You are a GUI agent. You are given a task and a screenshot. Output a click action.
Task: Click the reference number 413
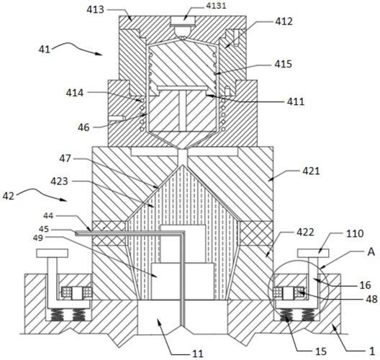(x=95, y=9)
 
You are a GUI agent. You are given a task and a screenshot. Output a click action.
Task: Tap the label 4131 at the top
(x=216, y=6)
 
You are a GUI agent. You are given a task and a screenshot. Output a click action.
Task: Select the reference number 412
(x=284, y=22)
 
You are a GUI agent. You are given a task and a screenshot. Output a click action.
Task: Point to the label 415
(x=283, y=64)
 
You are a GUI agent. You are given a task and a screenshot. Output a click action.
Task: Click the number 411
(x=296, y=102)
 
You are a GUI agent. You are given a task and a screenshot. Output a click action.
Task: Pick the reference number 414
(x=75, y=93)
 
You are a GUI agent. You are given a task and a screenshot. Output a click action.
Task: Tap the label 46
(x=83, y=127)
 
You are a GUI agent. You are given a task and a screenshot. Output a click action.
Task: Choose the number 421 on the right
(x=311, y=171)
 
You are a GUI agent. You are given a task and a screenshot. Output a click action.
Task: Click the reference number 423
(x=59, y=181)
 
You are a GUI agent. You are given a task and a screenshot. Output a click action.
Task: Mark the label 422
(x=306, y=233)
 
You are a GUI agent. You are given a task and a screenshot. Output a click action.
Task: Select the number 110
(x=355, y=233)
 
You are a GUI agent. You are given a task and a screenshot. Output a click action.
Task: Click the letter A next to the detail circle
(x=371, y=252)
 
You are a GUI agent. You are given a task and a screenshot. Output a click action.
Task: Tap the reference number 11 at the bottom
(x=197, y=354)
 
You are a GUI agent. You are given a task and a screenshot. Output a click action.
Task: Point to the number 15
(x=321, y=351)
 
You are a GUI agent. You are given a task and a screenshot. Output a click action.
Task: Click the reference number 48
(x=372, y=299)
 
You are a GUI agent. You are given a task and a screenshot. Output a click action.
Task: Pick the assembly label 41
(x=45, y=50)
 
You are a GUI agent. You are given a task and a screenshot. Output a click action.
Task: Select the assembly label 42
(x=9, y=196)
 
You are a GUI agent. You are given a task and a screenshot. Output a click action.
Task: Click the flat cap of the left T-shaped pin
(x=52, y=253)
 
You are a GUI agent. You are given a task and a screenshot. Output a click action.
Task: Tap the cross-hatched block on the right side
(x=257, y=233)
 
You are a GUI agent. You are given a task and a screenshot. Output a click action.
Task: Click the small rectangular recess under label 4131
(x=184, y=21)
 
